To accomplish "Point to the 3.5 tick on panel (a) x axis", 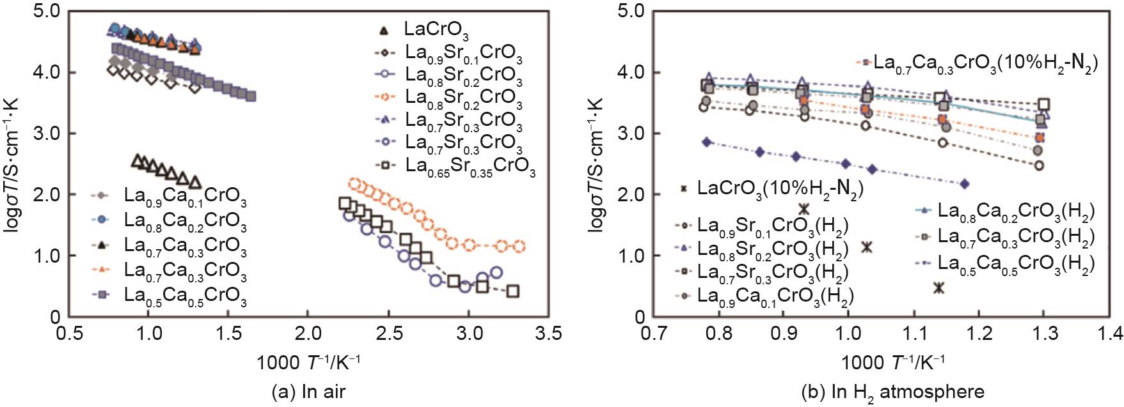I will [x=548, y=334].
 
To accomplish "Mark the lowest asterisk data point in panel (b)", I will [x=938, y=288].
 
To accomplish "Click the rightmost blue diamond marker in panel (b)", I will [x=965, y=184].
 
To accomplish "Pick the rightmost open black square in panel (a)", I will [x=512, y=291].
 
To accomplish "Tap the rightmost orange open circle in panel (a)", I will [x=519, y=246].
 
